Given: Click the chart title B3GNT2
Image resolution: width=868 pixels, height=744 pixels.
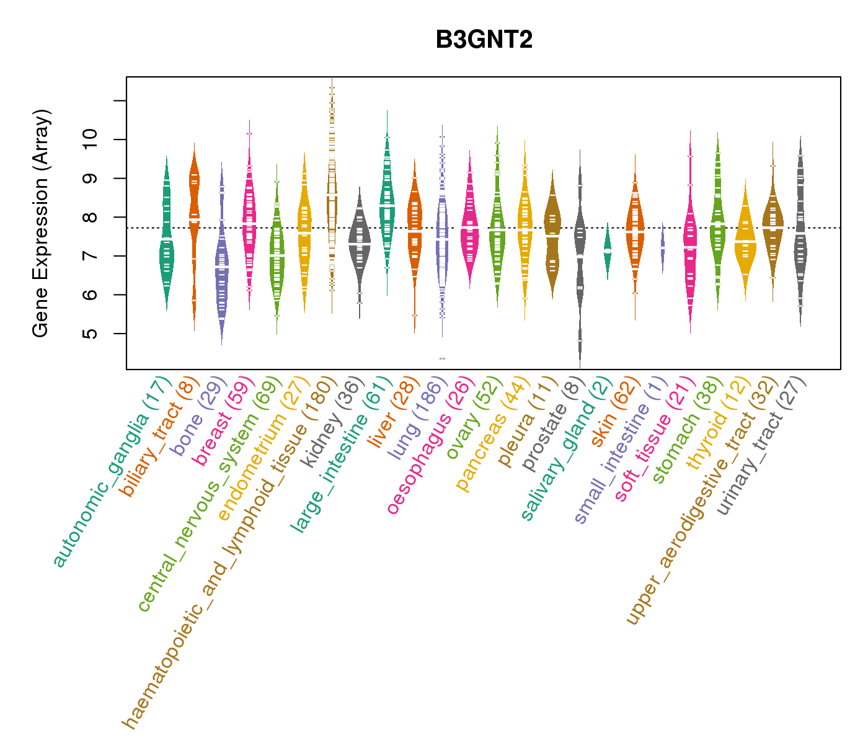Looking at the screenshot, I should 484,40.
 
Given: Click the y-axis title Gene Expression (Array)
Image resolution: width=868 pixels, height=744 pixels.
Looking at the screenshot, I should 41,223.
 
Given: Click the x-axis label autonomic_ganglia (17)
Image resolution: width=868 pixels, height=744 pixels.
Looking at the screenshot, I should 112,471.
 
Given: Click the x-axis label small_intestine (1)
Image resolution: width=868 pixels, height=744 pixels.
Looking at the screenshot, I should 620,449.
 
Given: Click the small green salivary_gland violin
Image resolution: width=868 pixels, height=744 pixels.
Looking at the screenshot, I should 608,251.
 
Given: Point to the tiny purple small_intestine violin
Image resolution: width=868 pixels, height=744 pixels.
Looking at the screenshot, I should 662,248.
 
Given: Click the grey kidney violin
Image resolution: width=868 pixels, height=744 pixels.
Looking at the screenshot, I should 359,242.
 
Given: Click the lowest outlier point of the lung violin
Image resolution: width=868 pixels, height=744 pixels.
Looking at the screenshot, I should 442,358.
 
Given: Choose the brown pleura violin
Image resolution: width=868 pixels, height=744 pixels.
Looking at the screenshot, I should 552,236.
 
